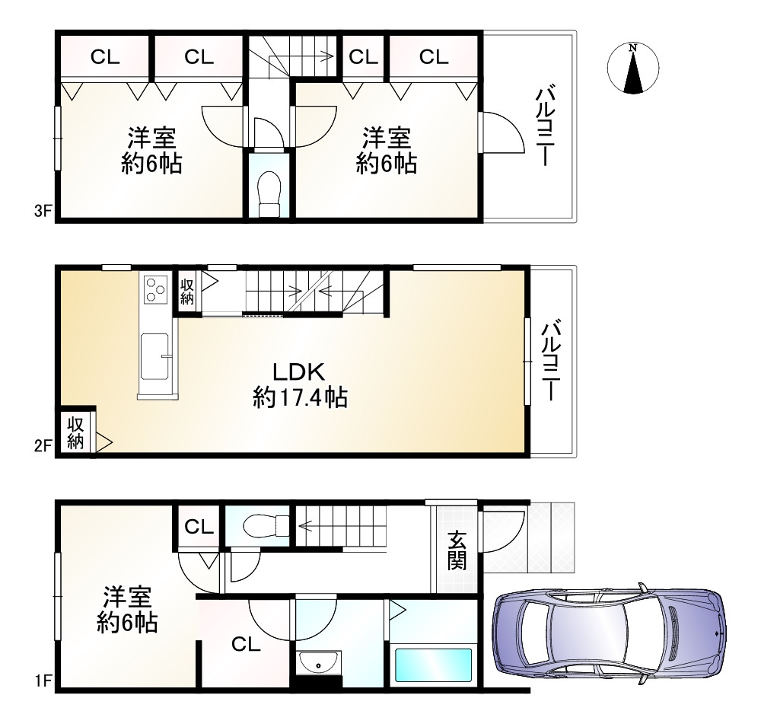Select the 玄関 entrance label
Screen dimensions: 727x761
[x=457, y=550]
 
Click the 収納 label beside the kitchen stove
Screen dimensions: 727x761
[x=187, y=290]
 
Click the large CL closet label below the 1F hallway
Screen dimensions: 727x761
[x=246, y=645]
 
